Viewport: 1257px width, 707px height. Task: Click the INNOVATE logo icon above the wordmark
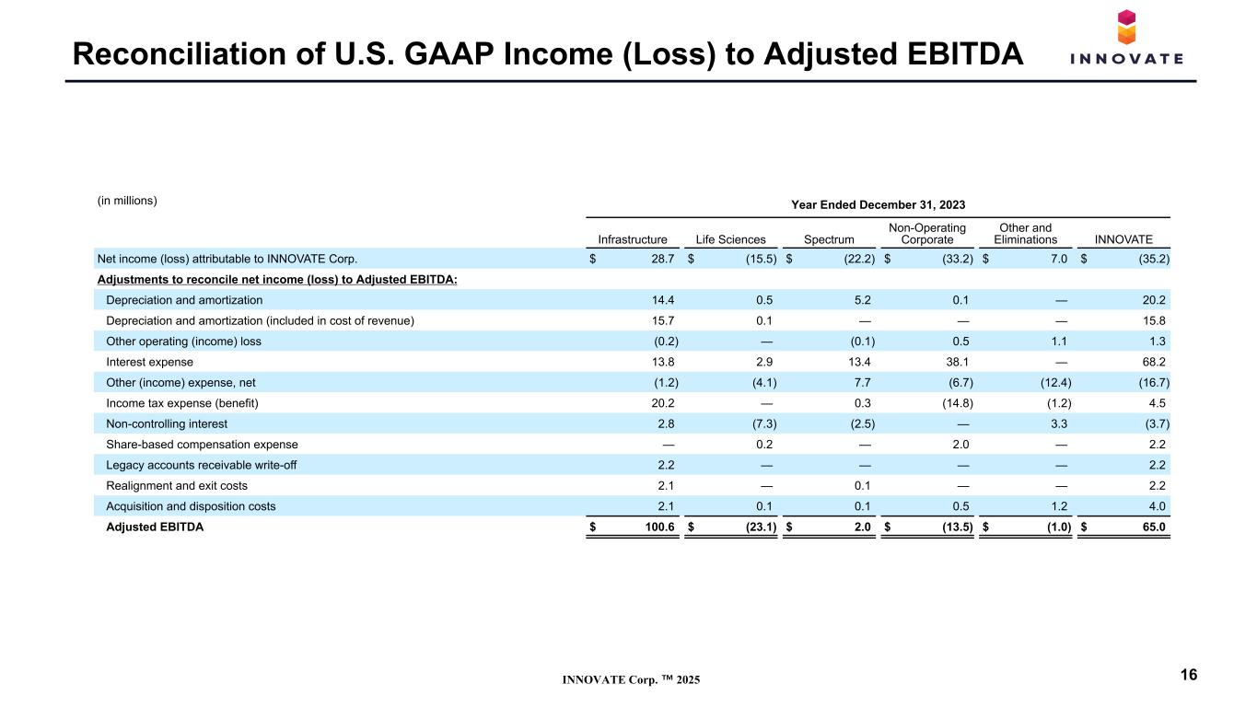[x=1126, y=27]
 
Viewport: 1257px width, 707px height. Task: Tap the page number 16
[x=1189, y=675]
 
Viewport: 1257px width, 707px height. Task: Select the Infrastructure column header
[x=633, y=239]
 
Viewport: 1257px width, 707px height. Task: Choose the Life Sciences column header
[x=730, y=239]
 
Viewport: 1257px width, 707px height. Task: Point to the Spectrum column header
[x=829, y=239]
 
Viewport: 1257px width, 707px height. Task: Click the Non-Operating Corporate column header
[x=927, y=234]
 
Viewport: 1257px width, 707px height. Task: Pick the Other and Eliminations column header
[x=1025, y=234]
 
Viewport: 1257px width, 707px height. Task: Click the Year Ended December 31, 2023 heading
[x=879, y=204]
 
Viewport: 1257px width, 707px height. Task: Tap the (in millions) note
[x=127, y=201]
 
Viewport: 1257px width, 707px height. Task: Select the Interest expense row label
[x=149, y=362]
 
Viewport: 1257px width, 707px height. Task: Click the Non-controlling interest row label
[x=167, y=423]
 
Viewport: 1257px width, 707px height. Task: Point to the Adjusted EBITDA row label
[x=155, y=527]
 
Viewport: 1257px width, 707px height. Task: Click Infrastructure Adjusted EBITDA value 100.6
[x=659, y=527]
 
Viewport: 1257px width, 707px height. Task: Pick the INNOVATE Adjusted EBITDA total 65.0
[x=1154, y=527]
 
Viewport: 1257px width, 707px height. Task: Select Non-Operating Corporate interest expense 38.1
[x=958, y=362]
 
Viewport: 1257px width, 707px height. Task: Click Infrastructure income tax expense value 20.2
[x=663, y=403]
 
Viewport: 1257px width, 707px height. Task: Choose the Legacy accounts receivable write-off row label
[x=202, y=465]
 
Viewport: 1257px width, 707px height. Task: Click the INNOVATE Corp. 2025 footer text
[x=632, y=679]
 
